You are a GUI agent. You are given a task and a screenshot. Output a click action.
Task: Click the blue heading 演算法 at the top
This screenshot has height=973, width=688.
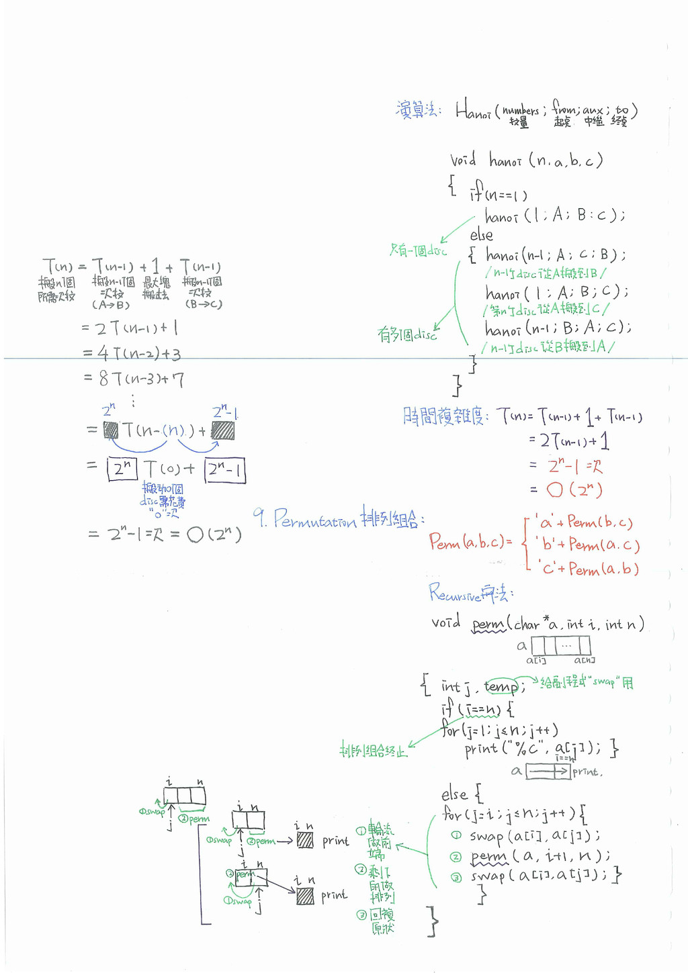(x=417, y=109)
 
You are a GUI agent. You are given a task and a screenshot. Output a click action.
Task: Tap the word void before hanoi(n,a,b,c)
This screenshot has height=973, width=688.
(x=463, y=160)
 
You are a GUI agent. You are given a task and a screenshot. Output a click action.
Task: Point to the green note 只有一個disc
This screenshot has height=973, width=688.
(x=418, y=251)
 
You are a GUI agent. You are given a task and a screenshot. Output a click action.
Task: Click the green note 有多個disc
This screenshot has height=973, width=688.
(x=406, y=334)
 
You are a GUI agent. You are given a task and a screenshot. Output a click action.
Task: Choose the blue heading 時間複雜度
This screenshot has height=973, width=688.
(x=443, y=416)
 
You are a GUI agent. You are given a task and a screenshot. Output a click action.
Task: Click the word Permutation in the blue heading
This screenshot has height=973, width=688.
(x=314, y=518)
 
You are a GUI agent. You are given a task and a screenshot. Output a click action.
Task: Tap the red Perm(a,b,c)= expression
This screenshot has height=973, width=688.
(x=470, y=542)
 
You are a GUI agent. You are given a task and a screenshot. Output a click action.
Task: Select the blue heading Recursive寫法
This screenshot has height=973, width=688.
(x=471, y=593)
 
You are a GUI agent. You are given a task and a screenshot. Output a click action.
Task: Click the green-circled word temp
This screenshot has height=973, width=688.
(x=501, y=686)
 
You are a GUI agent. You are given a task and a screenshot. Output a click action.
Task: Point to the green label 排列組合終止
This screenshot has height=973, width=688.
(x=374, y=750)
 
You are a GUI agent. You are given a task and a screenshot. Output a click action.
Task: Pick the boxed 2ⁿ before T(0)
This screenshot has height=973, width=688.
(x=122, y=469)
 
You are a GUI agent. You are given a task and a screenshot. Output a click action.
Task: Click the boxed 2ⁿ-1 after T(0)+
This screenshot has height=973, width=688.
(x=225, y=469)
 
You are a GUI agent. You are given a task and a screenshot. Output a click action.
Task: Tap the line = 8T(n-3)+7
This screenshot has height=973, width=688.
(x=134, y=379)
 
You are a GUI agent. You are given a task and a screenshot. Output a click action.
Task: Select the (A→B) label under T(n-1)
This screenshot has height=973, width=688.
(x=111, y=305)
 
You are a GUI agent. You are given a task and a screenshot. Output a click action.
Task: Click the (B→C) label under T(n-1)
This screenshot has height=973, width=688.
(x=203, y=304)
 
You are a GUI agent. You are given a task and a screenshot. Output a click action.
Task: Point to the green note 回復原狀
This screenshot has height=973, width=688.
(x=382, y=921)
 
